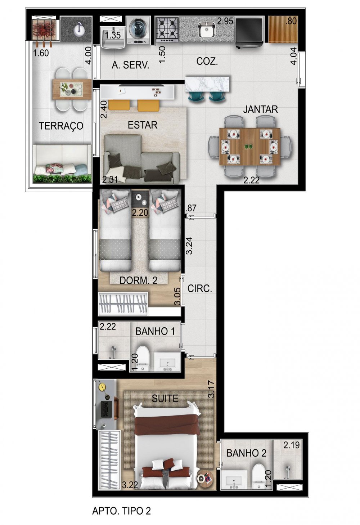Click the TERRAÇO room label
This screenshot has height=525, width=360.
(61, 126)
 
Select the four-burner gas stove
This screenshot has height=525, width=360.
(167, 30)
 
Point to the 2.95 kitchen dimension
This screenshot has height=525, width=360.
(225, 21)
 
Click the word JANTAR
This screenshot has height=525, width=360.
(260, 109)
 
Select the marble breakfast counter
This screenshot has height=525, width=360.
(207, 84)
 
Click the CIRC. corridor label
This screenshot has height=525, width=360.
(200, 289)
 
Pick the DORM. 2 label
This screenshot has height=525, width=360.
(138, 280)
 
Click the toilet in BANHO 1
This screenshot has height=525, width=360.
(143, 359)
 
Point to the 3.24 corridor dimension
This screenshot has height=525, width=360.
(189, 246)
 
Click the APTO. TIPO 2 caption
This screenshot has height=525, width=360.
(121, 511)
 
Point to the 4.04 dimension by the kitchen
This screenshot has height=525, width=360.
(293, 56)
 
